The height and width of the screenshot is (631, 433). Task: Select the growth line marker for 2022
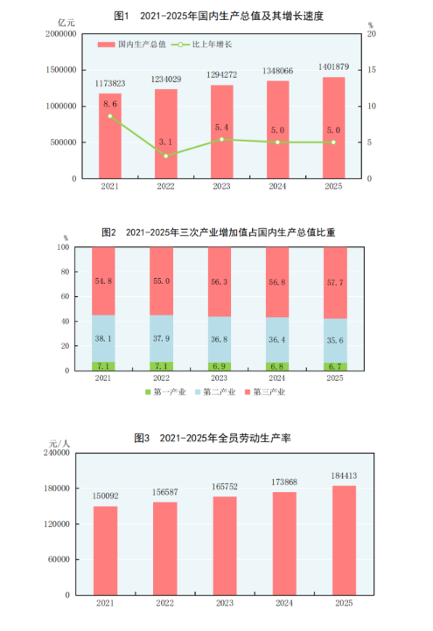click(166, 156)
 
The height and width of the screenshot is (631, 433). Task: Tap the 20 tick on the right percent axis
click(373, 33)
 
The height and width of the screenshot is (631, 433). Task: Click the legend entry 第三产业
click(266, 392)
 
